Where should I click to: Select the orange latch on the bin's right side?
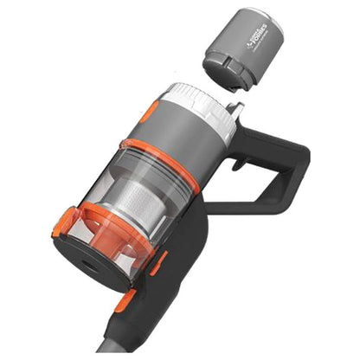(x=158, y=261)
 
